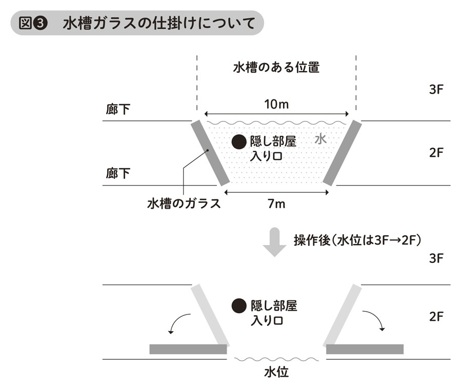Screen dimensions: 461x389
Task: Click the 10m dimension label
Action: point(276,105)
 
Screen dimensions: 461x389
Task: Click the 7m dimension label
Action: point(276,204)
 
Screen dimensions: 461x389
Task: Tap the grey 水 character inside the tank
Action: point(320,139)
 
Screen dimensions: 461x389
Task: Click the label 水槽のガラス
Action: point(184,203)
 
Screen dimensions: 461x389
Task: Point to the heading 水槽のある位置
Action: point(276,67)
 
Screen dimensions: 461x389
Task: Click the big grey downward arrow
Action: point(275,241)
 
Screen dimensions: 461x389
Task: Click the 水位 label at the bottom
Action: point(276,372)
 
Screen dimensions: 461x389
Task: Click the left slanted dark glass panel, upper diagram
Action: point(209,153)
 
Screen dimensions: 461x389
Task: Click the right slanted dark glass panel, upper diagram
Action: point(343,153)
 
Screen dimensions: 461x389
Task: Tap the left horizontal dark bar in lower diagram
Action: point(188,349)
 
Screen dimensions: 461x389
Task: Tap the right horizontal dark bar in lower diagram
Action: point(365,349)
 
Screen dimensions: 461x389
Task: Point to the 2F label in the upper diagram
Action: point(436,152)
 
